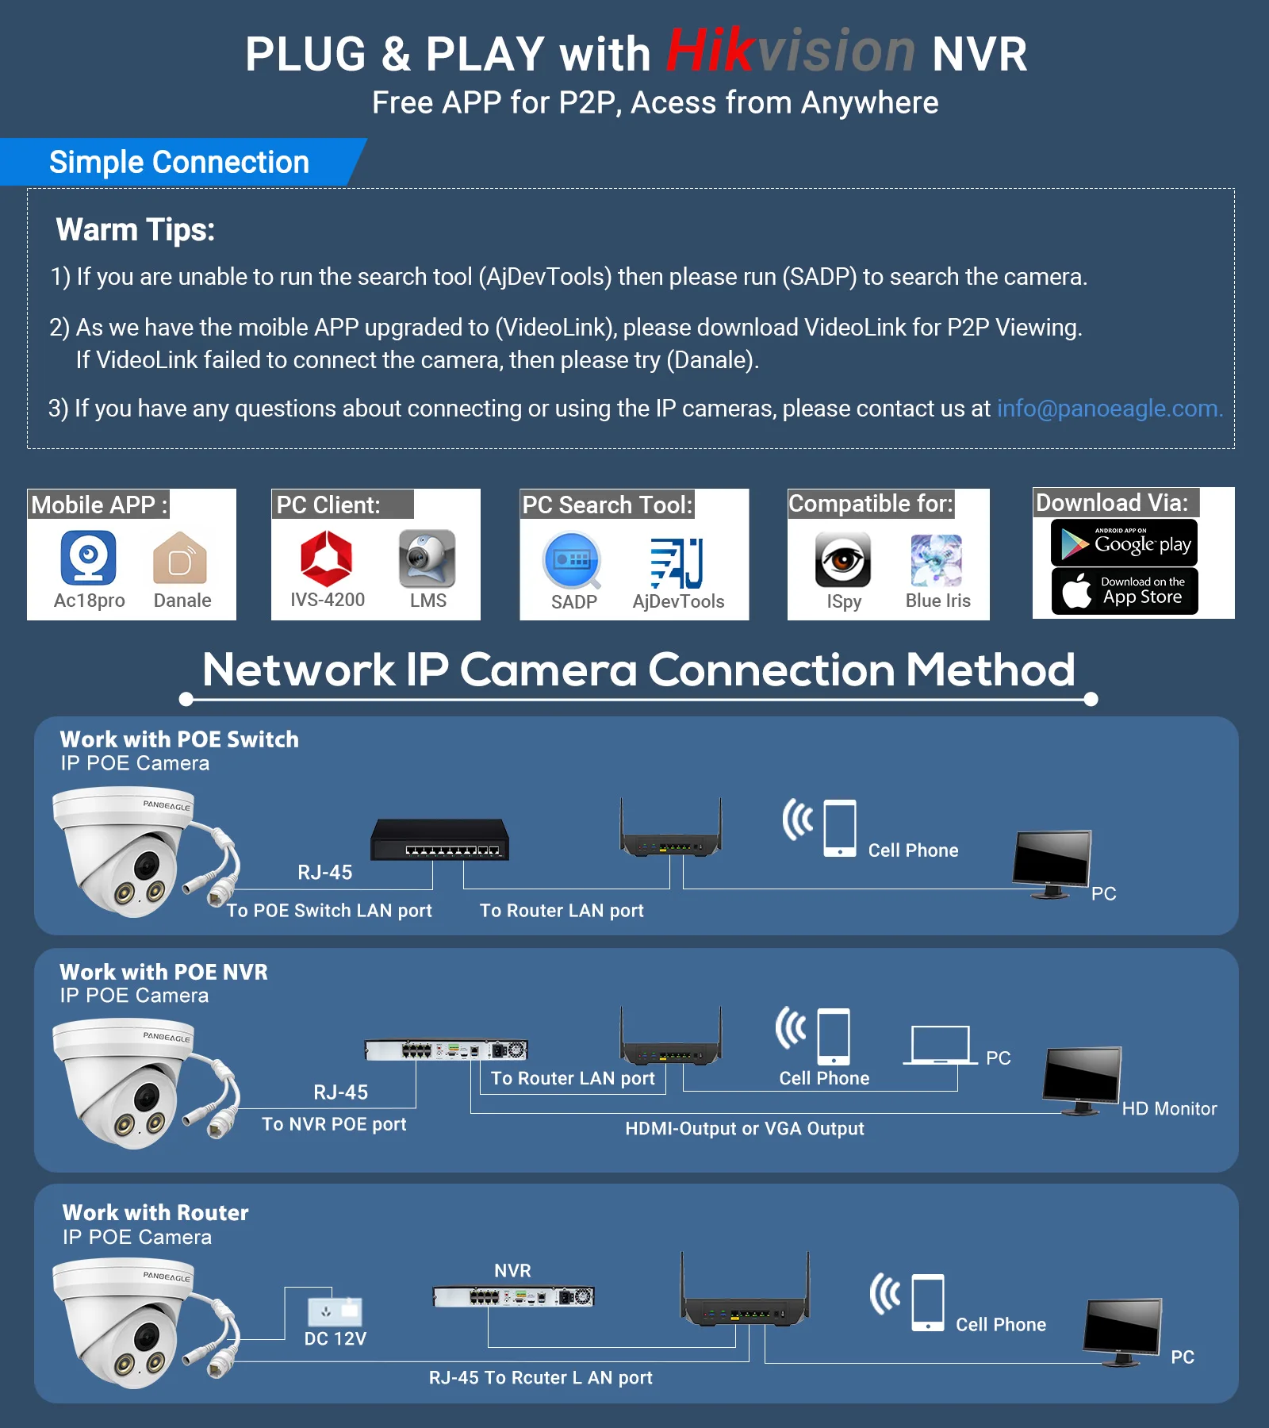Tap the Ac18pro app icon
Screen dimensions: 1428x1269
point(89,558)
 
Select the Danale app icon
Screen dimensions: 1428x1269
point(180,559)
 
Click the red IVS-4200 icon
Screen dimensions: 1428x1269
point(326,558)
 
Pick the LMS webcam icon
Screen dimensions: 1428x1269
point(427,558)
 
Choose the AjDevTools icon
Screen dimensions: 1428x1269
point(677,562)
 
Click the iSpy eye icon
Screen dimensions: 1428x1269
point(843,559)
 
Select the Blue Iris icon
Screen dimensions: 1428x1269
point(937,559)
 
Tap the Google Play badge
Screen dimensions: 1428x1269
point(1124,543)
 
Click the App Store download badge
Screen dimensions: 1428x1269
point(1124,591)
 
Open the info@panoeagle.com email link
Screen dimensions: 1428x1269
point(1109,409)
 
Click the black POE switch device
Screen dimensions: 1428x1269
point(440,839)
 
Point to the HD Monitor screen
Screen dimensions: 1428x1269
point(1082,1075)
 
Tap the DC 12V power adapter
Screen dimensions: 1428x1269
point(335,1311)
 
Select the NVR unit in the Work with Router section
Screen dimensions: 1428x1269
point(513,1297)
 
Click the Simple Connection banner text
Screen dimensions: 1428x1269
point(179,163)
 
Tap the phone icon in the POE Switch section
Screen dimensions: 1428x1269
point(840,828)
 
